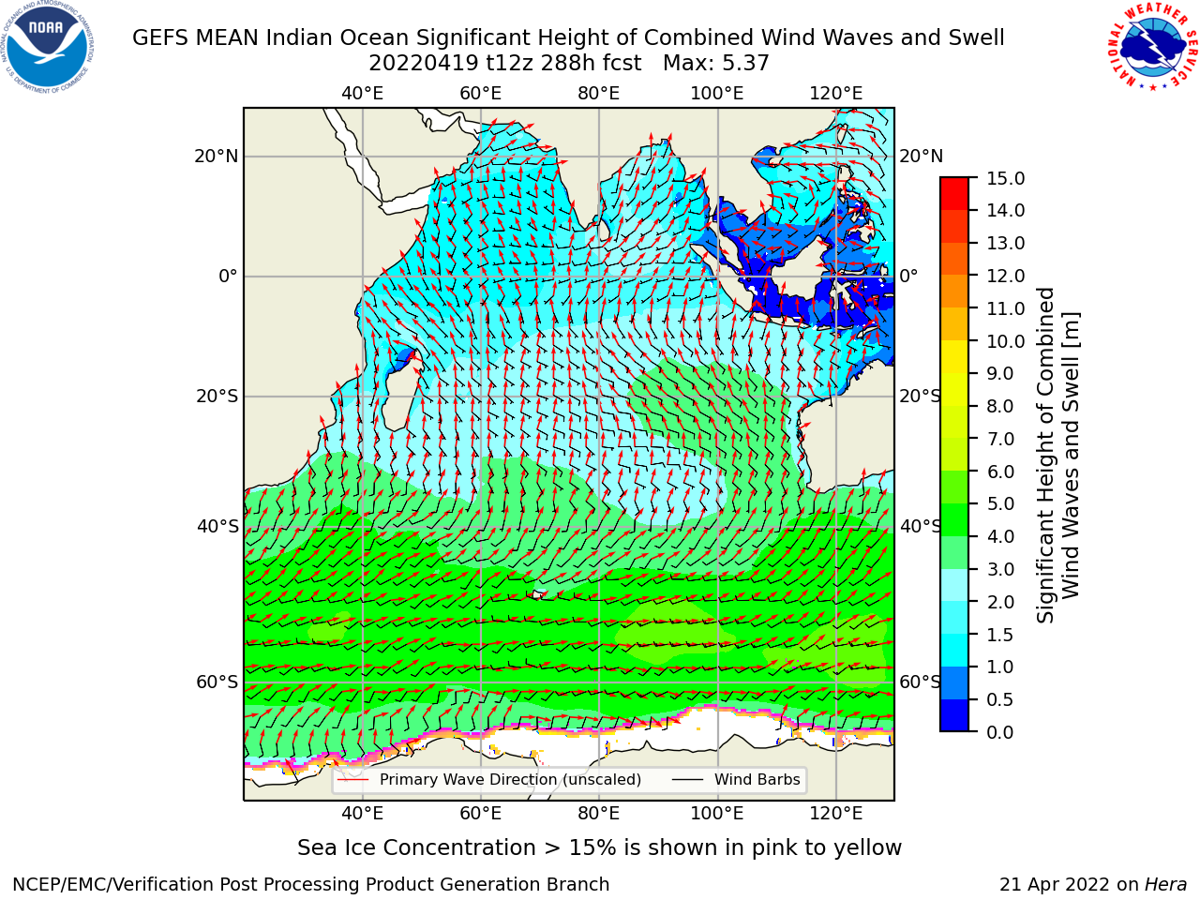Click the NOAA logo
[x=47, y=47]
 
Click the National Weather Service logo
[x=1151, y=46]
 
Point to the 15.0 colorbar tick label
[x=1005, y=179]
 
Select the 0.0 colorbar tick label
[x=1000, y=732]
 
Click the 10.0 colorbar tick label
[x=1005, y=341]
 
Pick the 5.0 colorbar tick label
[x=1000, y=503]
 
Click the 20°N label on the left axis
[x=217, y=157]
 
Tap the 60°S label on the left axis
[x=217, y=682]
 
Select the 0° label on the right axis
[x=908, y=276]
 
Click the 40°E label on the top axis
[x=363, y=94]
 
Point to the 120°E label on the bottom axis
[x=836, y=814]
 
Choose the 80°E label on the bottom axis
[x=599, y=814]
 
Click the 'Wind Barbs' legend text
[x=757, y=780]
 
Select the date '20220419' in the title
[x=424, y=64]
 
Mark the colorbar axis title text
[x=1057, y=456]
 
